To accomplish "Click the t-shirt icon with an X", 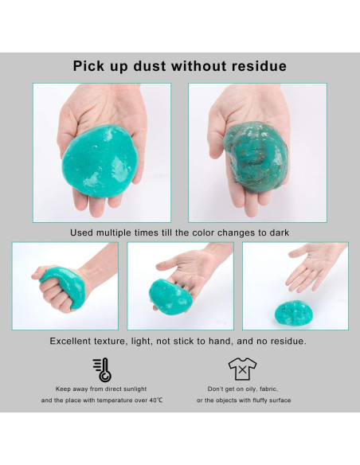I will [241, 369].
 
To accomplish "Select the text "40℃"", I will [155, 401].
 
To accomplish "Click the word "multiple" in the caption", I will [122, 232].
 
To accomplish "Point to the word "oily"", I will [244, 389].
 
